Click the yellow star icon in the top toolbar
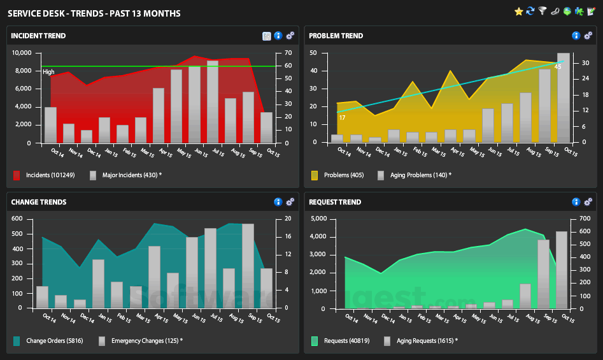(x=519, y=11)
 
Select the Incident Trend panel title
(x=38, y=36)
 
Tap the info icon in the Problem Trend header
(x=576, y=36)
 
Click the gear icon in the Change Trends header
(x=290, y=202)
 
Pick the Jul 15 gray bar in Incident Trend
(x=212, y=101)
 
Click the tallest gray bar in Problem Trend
(x=564, y=97)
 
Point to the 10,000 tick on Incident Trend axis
(x=22, y=53)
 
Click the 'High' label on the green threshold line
(x=48, y=72)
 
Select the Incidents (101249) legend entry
(x=44, y=175)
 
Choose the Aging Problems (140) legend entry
(x=415, y=175)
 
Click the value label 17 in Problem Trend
(x=343, y=118)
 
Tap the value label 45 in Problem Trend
(x=558, y=67)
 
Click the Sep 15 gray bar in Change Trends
(x=248, y=266)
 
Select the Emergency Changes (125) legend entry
(x=141, y=341)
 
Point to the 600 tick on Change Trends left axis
(x=17, y=219)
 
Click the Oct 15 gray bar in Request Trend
(x=562, y=270)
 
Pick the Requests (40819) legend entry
(x=341, y=341)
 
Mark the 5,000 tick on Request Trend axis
(x=318, y=219)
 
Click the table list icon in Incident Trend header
(x=267, y=36)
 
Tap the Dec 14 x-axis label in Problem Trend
(x=382, y=152)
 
